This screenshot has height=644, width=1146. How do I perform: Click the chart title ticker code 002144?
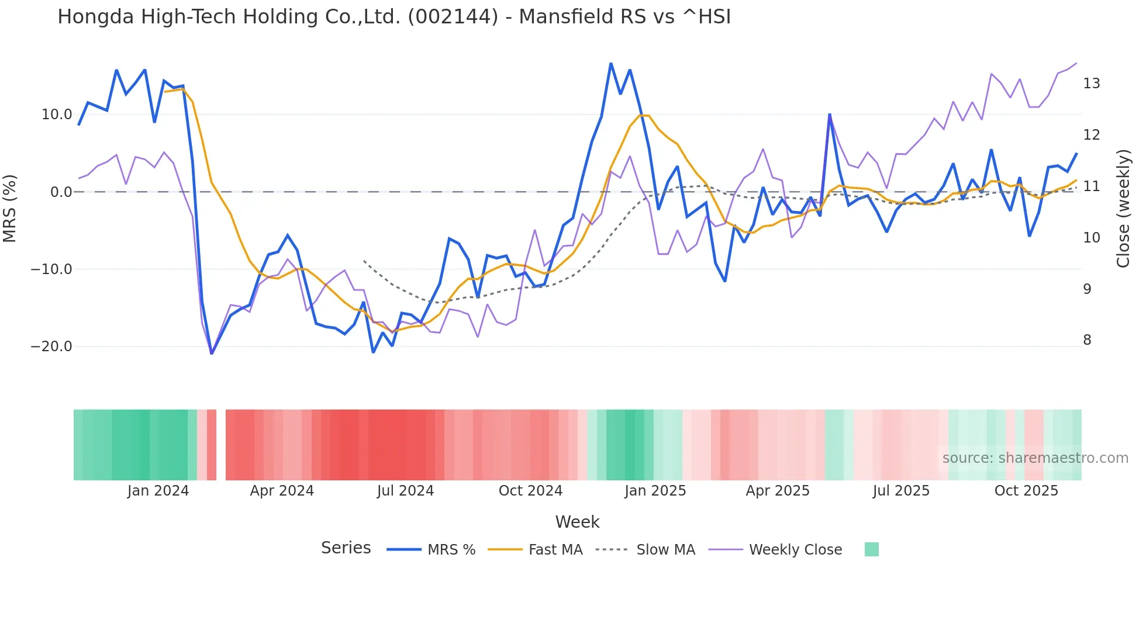[x=453, y=17]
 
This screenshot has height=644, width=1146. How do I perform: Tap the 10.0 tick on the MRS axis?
[x=57, y=115]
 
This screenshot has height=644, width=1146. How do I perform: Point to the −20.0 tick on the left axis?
[x=51, y=347]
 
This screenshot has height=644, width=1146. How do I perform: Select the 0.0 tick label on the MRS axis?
[x=61, y=192]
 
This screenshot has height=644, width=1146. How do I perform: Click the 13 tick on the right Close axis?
[x=1091, y=84]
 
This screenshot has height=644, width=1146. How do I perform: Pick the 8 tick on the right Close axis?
[x=1087, y=340]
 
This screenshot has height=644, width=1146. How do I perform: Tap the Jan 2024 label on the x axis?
[x=158, y=491]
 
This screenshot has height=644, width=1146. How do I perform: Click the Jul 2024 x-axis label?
[x=405, y=491]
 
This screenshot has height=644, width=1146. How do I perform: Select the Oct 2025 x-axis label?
[x=1026, y=491]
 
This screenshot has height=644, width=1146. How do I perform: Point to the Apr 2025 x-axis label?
[x=778, y=491]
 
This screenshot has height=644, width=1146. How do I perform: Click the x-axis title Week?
[x=577, y=522]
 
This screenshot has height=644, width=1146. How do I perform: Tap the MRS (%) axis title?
[x=10, y=209]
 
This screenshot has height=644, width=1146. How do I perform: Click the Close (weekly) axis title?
[x=1123, y=209]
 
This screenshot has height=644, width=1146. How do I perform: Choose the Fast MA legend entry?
[x=555, y=550]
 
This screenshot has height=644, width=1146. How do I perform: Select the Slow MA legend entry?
[x=665, y=550]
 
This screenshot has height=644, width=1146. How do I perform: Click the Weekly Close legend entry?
[x=795, y=550]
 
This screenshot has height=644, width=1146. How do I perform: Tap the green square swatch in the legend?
[x=871, y=549]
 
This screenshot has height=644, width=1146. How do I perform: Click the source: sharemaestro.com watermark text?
[x=1035, y=458]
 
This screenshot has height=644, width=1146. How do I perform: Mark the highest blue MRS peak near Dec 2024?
[x=611, y=64]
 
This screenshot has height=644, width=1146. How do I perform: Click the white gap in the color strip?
[x=221, y=445]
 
